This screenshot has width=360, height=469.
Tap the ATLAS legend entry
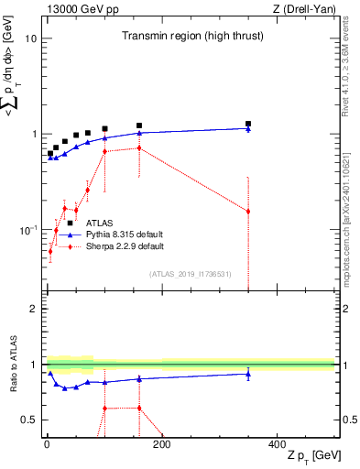click(100, 223)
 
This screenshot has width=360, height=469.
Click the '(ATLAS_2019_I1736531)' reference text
click(190, 274)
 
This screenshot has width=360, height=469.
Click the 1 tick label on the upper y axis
click(34, 135)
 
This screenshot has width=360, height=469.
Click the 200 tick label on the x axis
click(162, 445)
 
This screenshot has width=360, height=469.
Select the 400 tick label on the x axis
click(278, 445)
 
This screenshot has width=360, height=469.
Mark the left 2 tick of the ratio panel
click(34, 309)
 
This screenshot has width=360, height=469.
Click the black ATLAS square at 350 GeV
click(248, 124)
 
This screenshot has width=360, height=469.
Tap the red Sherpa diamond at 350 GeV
click(248, 212)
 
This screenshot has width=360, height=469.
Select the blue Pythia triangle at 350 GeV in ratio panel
click(248, 374)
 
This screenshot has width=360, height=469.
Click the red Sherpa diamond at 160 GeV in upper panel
click(139, 147)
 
